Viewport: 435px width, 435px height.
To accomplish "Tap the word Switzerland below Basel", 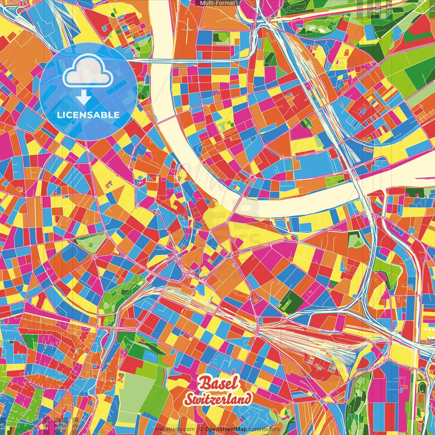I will click(218, 399).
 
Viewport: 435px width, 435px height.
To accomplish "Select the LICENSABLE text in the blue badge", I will click(88, 115).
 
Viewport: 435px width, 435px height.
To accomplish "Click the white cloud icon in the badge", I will click(88, 72).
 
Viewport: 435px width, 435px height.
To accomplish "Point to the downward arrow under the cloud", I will click(83, 97).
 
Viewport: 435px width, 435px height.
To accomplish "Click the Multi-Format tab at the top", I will click(217, 3).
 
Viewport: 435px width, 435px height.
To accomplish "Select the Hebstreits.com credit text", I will click(175, 429).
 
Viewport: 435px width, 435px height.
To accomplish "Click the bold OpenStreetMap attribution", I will click(226, 429).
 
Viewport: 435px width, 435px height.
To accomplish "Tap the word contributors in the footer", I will click(264, 429).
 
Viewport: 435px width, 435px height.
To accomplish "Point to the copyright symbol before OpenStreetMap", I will click(202, 429).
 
